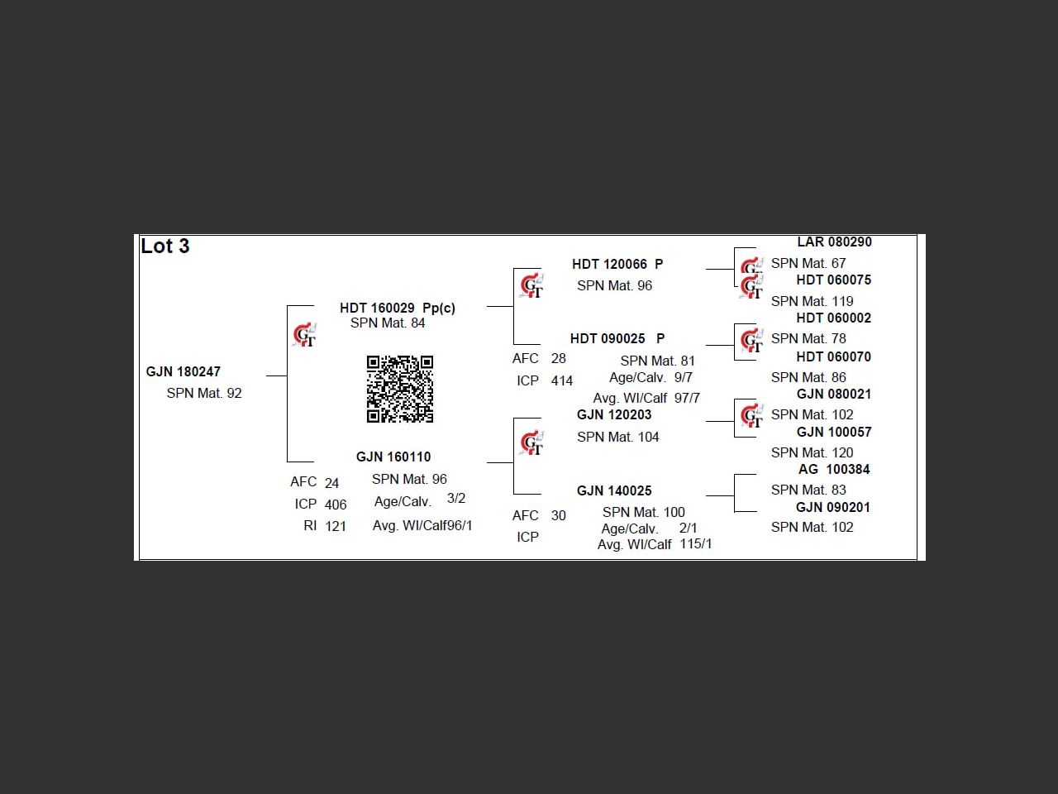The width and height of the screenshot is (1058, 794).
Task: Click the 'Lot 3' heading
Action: (165, 246)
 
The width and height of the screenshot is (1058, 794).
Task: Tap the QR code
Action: (400, 389)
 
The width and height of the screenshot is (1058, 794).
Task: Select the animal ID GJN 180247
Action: (183, 371)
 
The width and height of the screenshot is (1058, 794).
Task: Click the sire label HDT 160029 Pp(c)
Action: (398, 308)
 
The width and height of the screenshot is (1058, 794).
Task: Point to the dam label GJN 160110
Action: (393, 457)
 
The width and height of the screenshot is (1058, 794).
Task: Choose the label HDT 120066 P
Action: (617, 264)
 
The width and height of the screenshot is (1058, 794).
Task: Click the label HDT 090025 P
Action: (617, 338)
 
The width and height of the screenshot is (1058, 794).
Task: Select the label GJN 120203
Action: (614, 414)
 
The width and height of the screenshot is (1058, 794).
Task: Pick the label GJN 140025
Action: (614, 490)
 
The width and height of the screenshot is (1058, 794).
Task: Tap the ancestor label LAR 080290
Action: (834, 242)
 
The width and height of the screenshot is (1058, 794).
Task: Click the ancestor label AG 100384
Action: (834, 469)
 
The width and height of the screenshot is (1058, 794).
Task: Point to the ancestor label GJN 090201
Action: (833, 507)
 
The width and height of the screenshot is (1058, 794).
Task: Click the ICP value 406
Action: (336, 505)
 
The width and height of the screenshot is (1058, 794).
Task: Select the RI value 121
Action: (336, 526)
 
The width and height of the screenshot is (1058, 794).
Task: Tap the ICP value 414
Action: (562, 380)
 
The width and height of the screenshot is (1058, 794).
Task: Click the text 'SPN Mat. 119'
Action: (813, 301)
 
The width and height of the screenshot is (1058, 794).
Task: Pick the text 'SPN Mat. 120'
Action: (813, 452)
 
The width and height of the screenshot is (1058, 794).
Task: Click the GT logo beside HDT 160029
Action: (304, 335)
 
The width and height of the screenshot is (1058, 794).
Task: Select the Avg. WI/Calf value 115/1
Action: (696, 543)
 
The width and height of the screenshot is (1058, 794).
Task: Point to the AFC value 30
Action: (559, 515)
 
